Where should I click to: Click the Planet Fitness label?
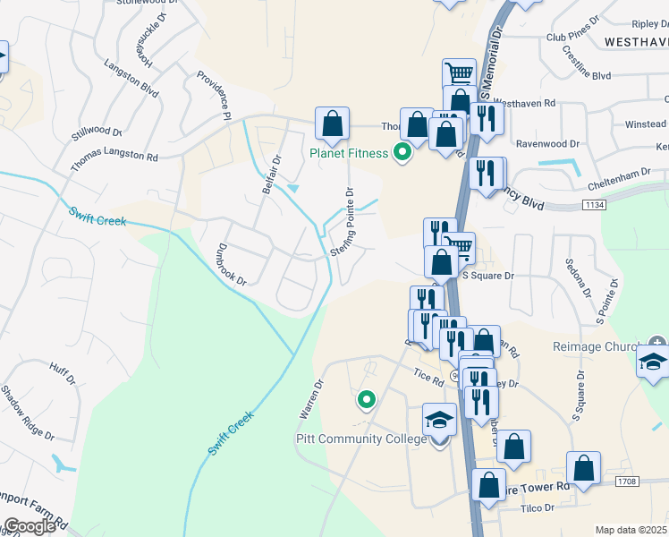pyautogui.click(x=349, y=153)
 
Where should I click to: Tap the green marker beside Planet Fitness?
pyautogui.click(x=402, y=153)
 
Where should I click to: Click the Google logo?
pyautogui.click(x=30, y=526)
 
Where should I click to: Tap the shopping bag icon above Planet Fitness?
pyautogui.click(x=332, y=126)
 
